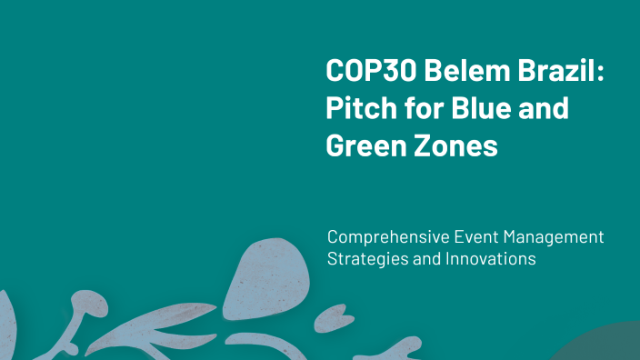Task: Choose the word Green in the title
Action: (363, 145)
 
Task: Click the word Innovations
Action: (491, 259)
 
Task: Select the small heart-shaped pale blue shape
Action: (327, 318)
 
